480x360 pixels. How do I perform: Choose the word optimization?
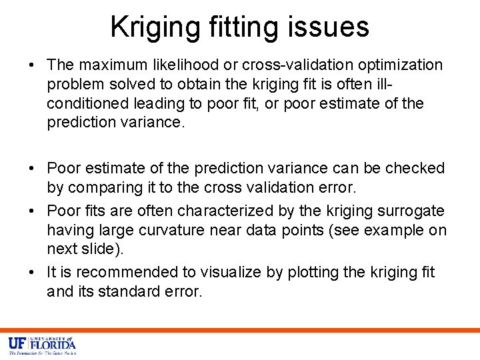[x=401, y=65]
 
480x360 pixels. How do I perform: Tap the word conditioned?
[x=89, y=104]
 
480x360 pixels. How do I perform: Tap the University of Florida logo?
[x=42, y=345]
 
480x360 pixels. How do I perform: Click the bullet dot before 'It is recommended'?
[x=32, y=272]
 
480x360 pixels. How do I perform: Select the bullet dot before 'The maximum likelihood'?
[x=32, y=65]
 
